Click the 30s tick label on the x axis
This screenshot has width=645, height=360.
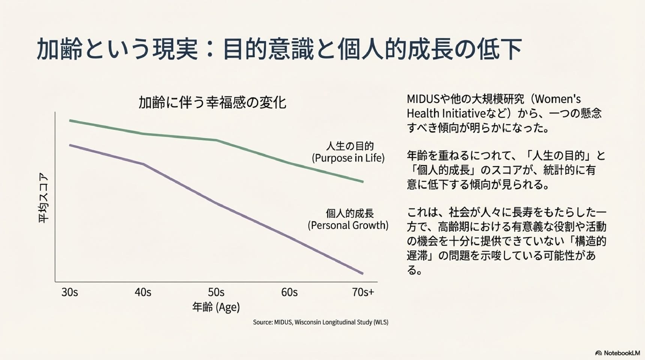pos(70,292)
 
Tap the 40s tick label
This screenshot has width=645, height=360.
pos(143,292)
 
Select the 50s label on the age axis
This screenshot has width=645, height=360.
pos(216,292)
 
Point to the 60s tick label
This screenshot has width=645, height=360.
pos(289,292)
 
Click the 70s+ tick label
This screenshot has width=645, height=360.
pos(363,292)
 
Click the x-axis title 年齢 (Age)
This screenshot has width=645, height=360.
pos(216,307)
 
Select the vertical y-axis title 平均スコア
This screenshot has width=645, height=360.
pos(44,198)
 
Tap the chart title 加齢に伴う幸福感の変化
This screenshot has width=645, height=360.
pos(212,102)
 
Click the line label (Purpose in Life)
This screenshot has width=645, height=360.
pos(348,158)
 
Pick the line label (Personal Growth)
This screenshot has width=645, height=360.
pos(348,225)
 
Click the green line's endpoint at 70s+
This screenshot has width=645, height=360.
pos(363,182)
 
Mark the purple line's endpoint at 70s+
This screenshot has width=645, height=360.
pos(363,273)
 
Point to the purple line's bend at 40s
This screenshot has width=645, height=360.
pos(143,164)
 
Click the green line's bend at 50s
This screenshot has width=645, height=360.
pos(216,140)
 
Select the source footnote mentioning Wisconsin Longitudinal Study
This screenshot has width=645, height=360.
pos(321,322)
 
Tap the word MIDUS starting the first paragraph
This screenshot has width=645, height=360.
pos(423,99)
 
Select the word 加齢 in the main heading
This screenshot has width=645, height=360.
pos(59,49)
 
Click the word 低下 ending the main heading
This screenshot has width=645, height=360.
pos(499,49)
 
